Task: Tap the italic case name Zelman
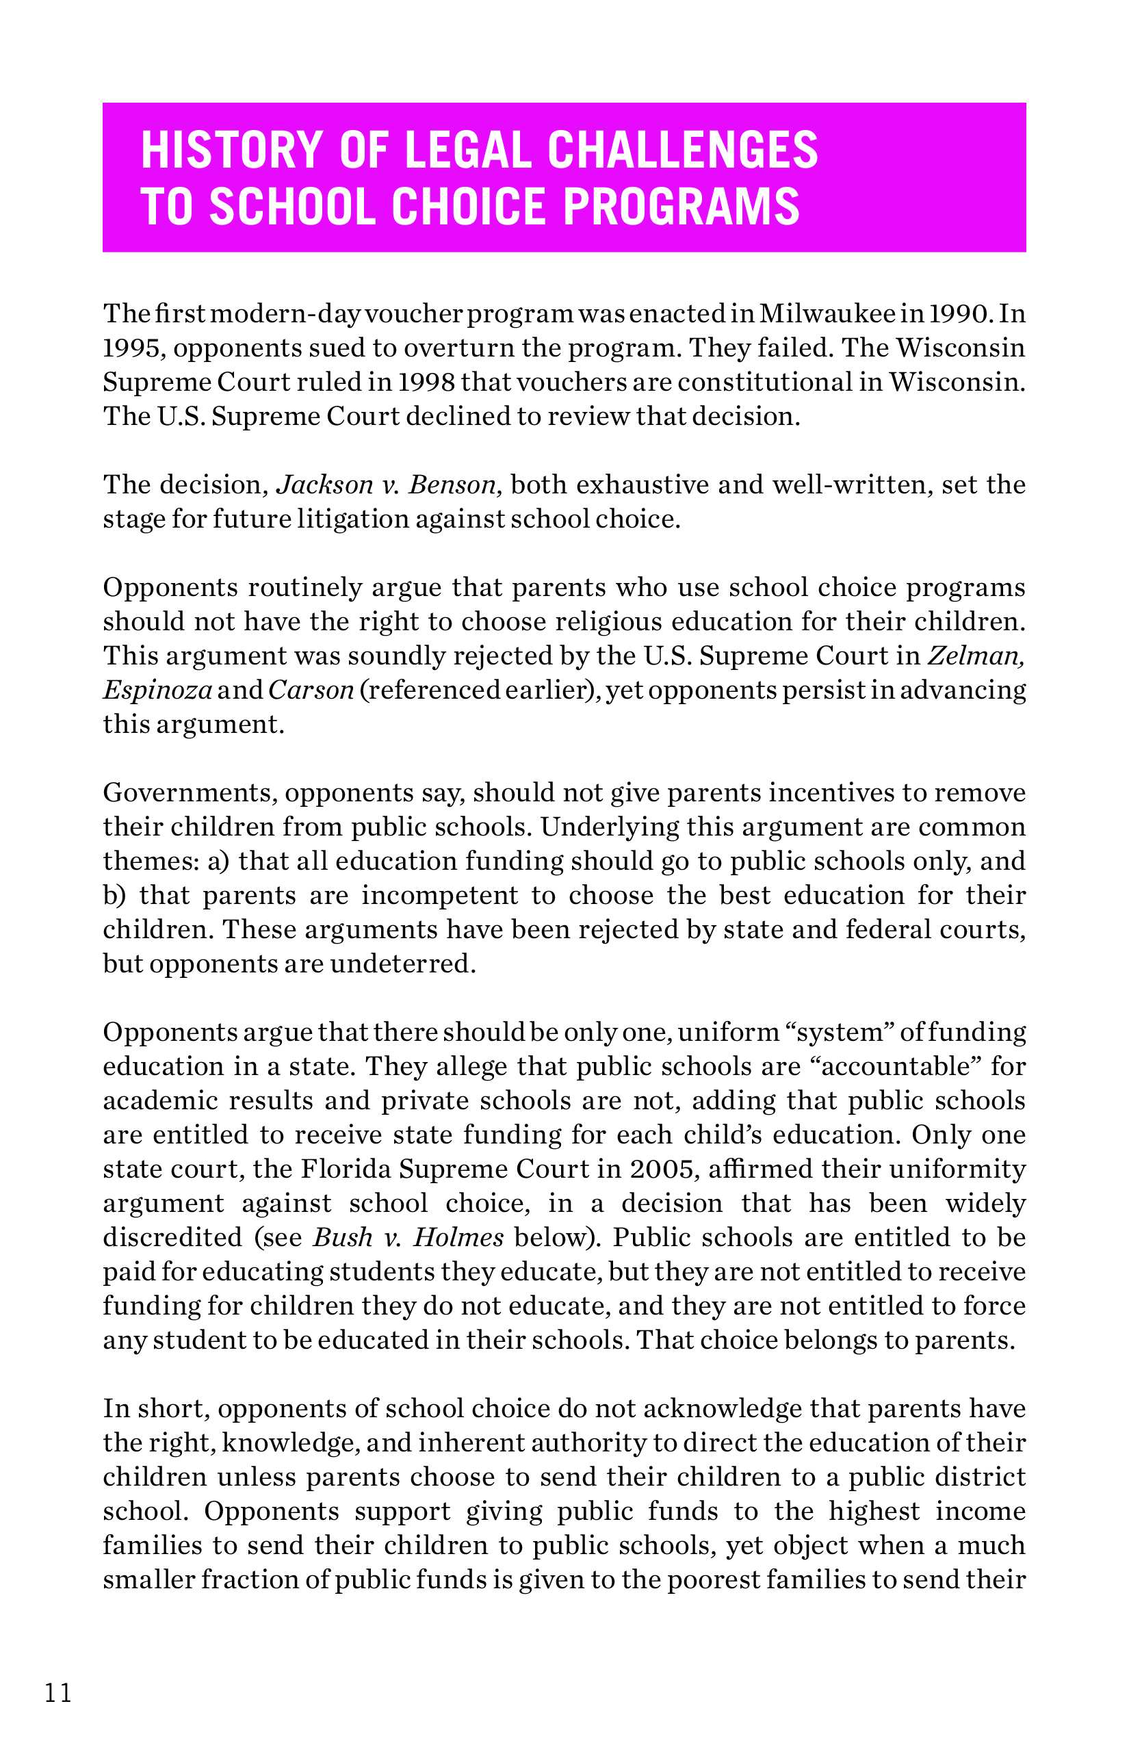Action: coord(976,656)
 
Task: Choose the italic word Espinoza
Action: coord(157,690)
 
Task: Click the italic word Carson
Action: coord(311,690)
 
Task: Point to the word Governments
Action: coord(187,792)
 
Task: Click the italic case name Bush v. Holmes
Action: coord(408,1237)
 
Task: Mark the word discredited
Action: coord(173,1237)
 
